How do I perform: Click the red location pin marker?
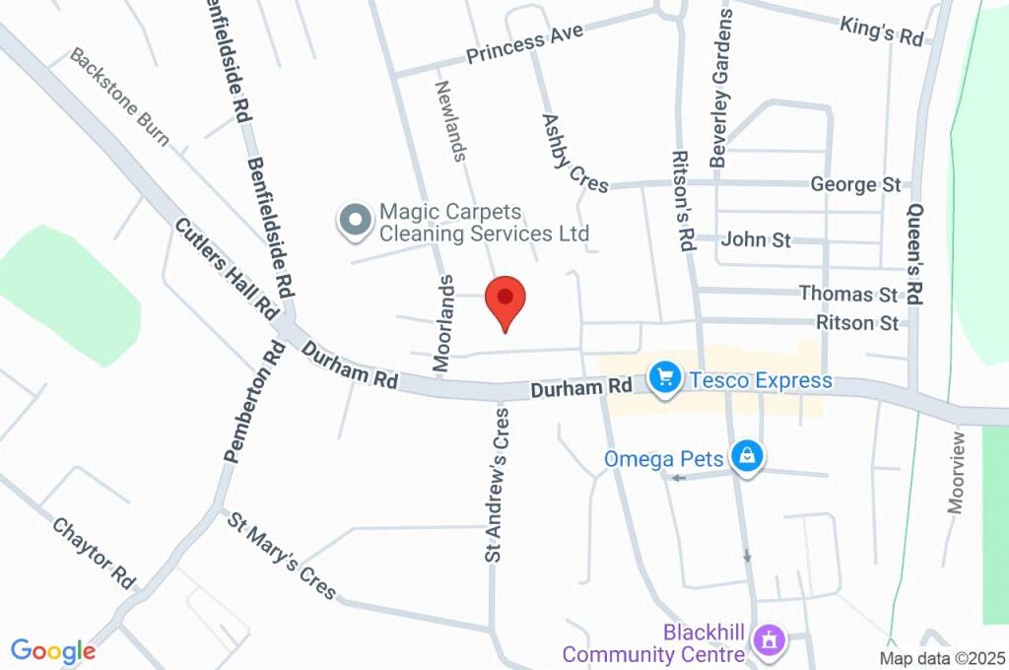point(505,300)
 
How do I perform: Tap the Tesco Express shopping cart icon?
point(666,378)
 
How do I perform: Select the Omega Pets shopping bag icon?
point(749,456)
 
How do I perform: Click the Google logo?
point(53,650)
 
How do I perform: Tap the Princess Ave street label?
point(524,43)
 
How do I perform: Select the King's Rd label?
point(882,31)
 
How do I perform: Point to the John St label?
point(757,239)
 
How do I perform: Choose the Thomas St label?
point(848,294)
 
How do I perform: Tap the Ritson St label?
point(857,323)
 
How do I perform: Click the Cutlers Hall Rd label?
point(227,267)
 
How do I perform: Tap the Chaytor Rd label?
point(94,549)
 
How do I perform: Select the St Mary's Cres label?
point(283,555)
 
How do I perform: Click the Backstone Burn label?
point(119,98)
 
